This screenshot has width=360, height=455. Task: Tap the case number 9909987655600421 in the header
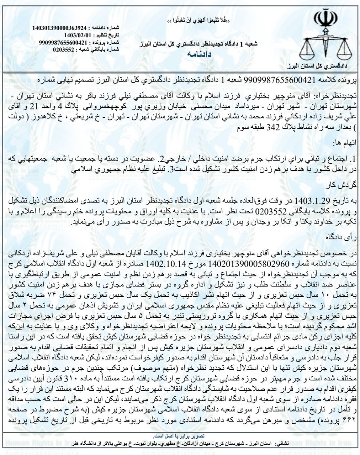[x=61, y=42]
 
